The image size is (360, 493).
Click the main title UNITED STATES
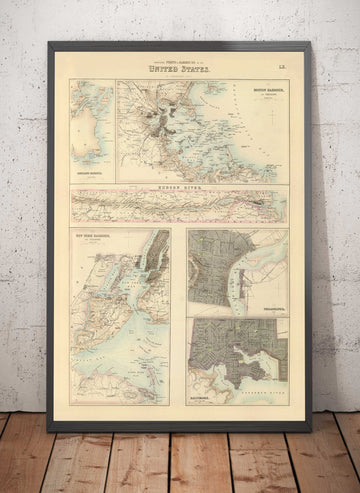(x=178, y=70)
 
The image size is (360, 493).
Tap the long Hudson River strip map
(x=178, y=205)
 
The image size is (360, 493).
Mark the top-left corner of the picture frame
(x=49, y=42)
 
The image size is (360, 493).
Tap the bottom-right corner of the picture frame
(x=311, y=430)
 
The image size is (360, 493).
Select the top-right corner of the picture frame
(x=311, y=42)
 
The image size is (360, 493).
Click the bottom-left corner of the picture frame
(x=48, y=430)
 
